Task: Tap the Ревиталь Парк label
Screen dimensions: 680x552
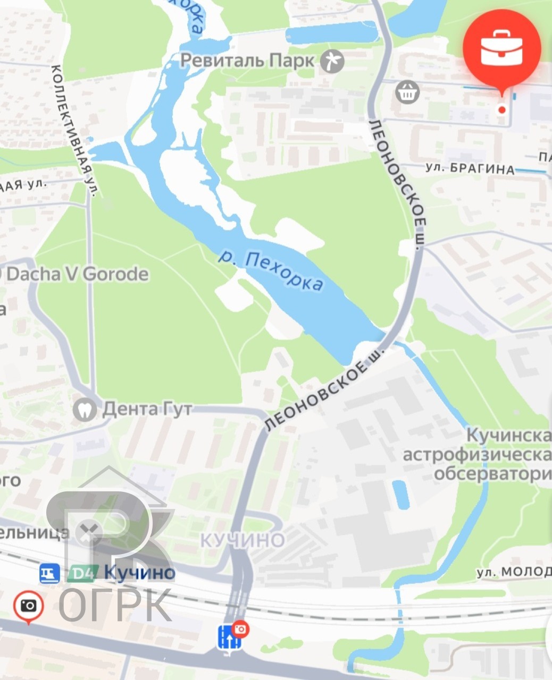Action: click(x=247, y=61)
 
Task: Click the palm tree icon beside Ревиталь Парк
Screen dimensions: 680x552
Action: click(x=332, y=61)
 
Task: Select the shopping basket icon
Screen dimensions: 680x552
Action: click(x=408, y=92)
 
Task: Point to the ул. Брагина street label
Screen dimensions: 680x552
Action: click(x=470, y=168)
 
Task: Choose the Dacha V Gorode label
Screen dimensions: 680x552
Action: click(x=77, y=274)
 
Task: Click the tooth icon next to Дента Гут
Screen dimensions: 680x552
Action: click(x=85, y=409)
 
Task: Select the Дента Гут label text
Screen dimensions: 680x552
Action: click(x=147, y=409)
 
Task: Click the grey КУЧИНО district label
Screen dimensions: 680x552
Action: click(x=242, y=540)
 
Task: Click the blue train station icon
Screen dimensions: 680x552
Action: click(x=49, y=573)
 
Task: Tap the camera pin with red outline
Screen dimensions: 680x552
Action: click(x=28, y=606)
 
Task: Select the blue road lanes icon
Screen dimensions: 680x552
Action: click(x=229, y=637)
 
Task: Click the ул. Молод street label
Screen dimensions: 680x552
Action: click(x=514, y=572)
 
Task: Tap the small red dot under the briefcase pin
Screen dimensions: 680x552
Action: click(x=501, y=110)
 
